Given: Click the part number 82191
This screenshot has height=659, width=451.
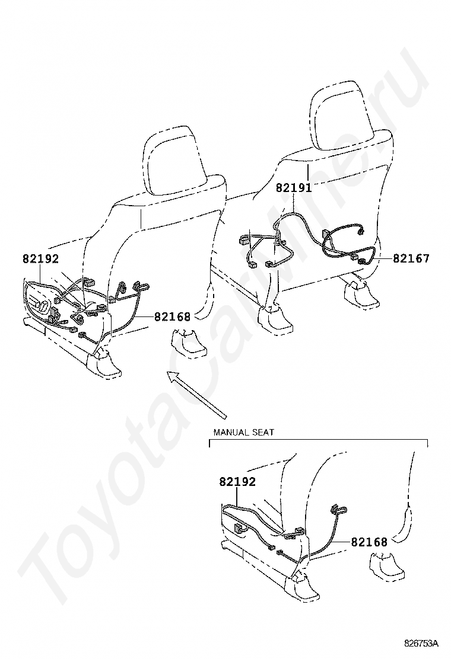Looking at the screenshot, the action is point(294,188).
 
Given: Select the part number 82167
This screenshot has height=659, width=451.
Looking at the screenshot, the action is point(411,258).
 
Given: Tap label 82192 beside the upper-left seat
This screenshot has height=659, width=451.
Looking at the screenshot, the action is point(41,258).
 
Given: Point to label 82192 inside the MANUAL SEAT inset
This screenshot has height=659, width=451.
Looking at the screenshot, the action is point(237,482).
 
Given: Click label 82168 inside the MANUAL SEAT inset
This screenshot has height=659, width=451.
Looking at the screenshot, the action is point(369,542).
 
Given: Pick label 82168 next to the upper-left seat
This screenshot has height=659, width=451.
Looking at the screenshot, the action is point(172,316).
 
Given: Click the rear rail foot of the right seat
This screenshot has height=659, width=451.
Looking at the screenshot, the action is point(361,295).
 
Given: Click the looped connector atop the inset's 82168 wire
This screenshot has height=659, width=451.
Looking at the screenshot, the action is point(339,509).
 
